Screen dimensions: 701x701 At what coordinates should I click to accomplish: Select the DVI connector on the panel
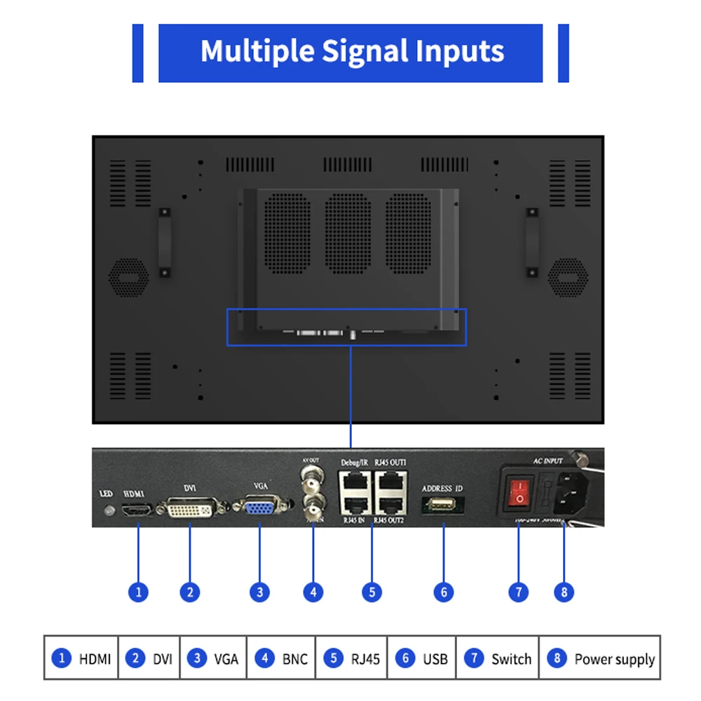coord(190,508)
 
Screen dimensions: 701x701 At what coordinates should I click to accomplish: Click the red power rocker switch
coord(519,491)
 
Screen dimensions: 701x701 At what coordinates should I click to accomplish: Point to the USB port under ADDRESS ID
coord(443,506)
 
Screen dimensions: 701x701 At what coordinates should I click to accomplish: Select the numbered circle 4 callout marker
coord(313,592)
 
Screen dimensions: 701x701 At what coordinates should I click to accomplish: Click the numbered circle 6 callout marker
coord(443,592)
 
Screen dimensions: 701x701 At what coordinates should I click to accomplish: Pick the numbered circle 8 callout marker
coord(564,592)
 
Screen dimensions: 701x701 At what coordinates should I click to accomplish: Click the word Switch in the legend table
coord(511,659)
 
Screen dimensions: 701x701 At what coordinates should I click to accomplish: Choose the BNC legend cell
coord(295,659)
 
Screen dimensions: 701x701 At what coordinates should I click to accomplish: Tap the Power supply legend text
coord(614,659)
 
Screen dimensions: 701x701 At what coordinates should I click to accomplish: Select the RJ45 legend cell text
coord(365,659)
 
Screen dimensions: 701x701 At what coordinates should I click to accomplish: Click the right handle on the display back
coord(532,240)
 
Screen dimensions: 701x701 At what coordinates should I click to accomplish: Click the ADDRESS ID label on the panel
coord(442,488)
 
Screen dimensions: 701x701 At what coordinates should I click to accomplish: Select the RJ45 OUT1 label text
coord(390,462)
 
